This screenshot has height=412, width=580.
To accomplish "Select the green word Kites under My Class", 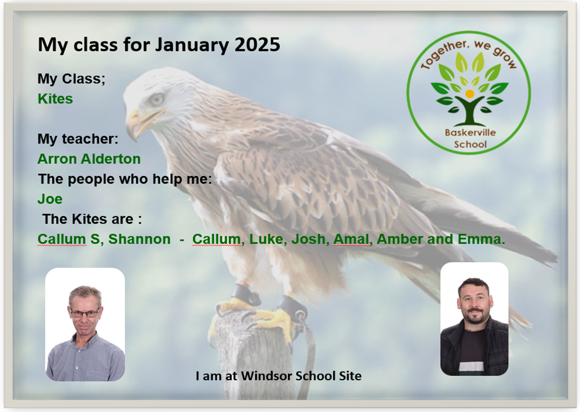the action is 55,99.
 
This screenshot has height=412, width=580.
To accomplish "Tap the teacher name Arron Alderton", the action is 89,159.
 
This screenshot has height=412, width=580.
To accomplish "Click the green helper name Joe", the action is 50,199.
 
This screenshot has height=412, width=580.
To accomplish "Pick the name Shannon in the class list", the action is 139,239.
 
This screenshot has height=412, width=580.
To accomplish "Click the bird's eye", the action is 157,100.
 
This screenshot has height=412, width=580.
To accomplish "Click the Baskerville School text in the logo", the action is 470,138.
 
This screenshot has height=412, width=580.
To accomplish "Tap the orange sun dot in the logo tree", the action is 469,94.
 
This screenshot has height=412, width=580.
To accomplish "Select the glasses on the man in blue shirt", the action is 85,313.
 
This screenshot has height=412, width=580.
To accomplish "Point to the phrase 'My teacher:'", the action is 78,139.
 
